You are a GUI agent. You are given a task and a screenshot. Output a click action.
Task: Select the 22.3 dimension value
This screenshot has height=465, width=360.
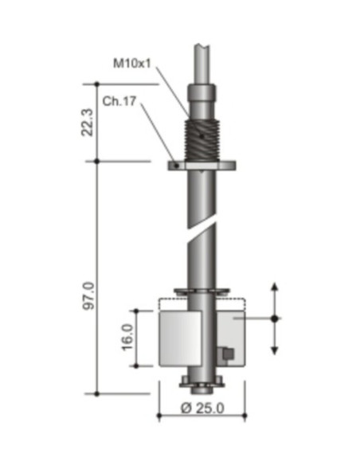coord(88,122)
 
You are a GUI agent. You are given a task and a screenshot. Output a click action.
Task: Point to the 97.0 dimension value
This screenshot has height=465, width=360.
coord(88,295)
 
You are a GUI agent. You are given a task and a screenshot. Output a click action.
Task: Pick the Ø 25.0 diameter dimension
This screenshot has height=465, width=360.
coord(201,408)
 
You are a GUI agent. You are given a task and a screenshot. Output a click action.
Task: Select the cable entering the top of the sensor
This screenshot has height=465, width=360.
coord(201,56)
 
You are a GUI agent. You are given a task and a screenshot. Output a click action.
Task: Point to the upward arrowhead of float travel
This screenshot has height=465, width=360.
coord(275,289)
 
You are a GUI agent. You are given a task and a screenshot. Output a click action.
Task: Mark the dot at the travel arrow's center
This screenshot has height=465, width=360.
coord(275,318)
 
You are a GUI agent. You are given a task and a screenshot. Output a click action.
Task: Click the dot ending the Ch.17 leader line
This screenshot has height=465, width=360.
coord(173,166)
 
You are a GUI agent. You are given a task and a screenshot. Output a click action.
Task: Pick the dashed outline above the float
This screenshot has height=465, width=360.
coord(202,301)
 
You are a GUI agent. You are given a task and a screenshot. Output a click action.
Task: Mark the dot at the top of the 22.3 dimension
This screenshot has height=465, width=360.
coord(96,83)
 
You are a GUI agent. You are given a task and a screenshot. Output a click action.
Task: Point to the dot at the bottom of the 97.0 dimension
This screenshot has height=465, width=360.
coord(96,393)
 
